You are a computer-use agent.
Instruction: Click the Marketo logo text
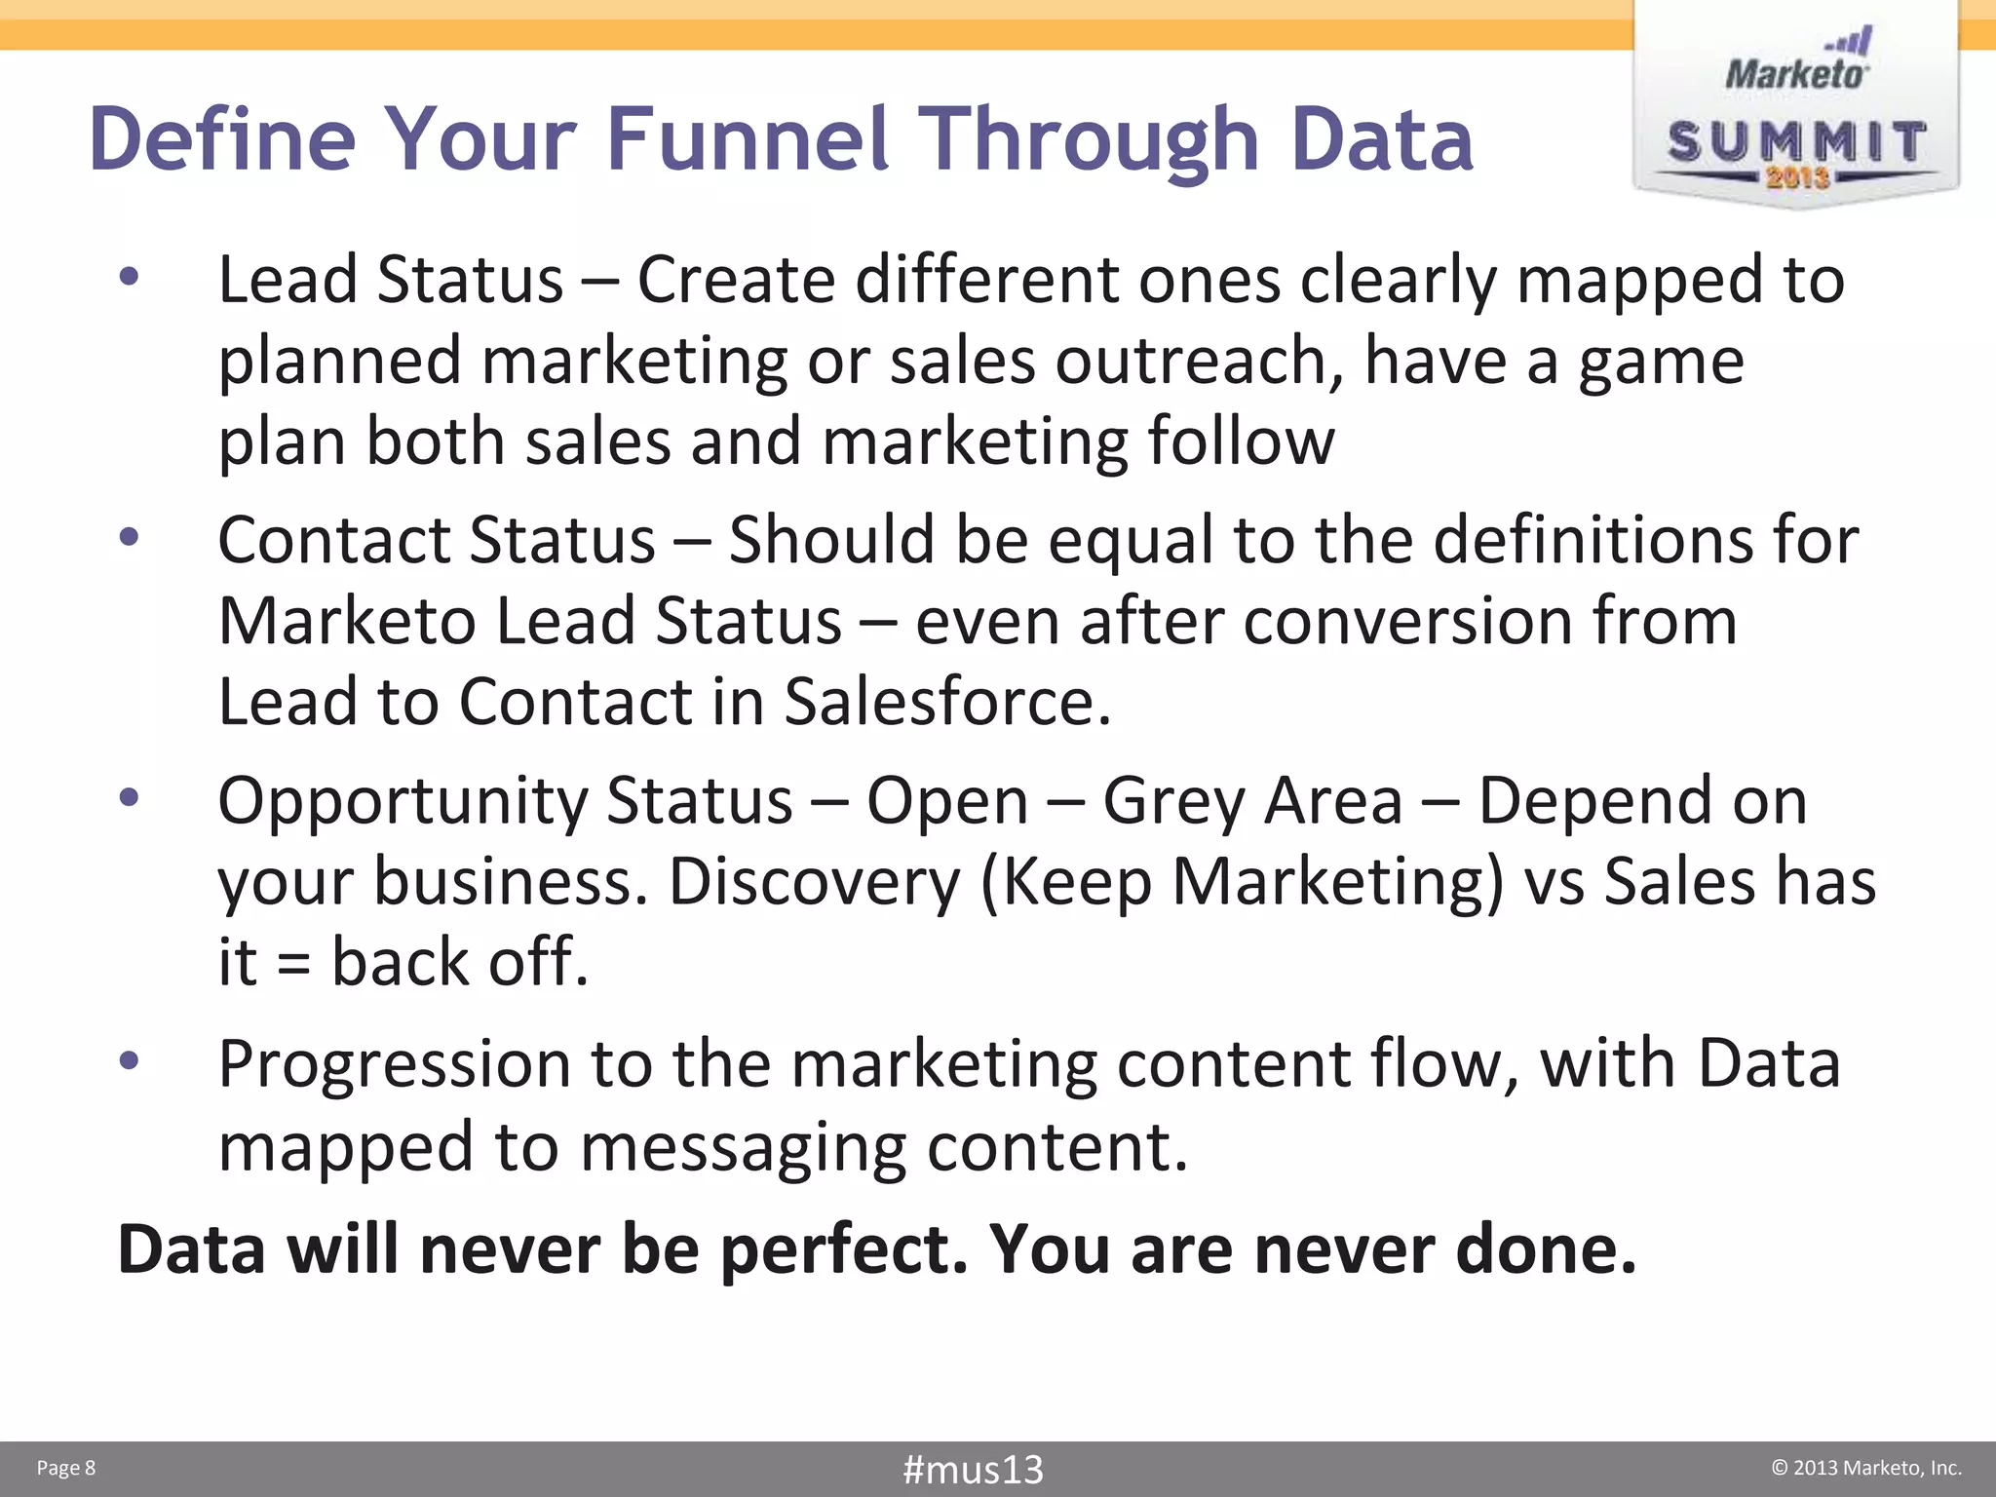coord(1796,73)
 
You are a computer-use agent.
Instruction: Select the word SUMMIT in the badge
coord(1796,142)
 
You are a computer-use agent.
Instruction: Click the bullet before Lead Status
coord(129,278)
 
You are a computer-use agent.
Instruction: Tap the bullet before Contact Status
coord(129,537)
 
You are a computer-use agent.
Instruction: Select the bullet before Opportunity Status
coord(129,798)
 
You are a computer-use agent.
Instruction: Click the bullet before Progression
coord(129,1059)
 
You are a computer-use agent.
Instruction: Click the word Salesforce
coord(946,701)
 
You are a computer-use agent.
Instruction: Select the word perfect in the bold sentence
coord(844,1248)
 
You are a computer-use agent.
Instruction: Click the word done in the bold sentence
coord(1545,1248)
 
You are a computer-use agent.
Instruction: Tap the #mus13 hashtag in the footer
coord(973,1469)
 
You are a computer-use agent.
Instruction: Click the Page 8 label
coord(66,1468)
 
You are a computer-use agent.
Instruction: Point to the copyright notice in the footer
coord(1865,1468)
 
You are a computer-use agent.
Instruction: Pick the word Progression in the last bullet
coord(394,1063)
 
